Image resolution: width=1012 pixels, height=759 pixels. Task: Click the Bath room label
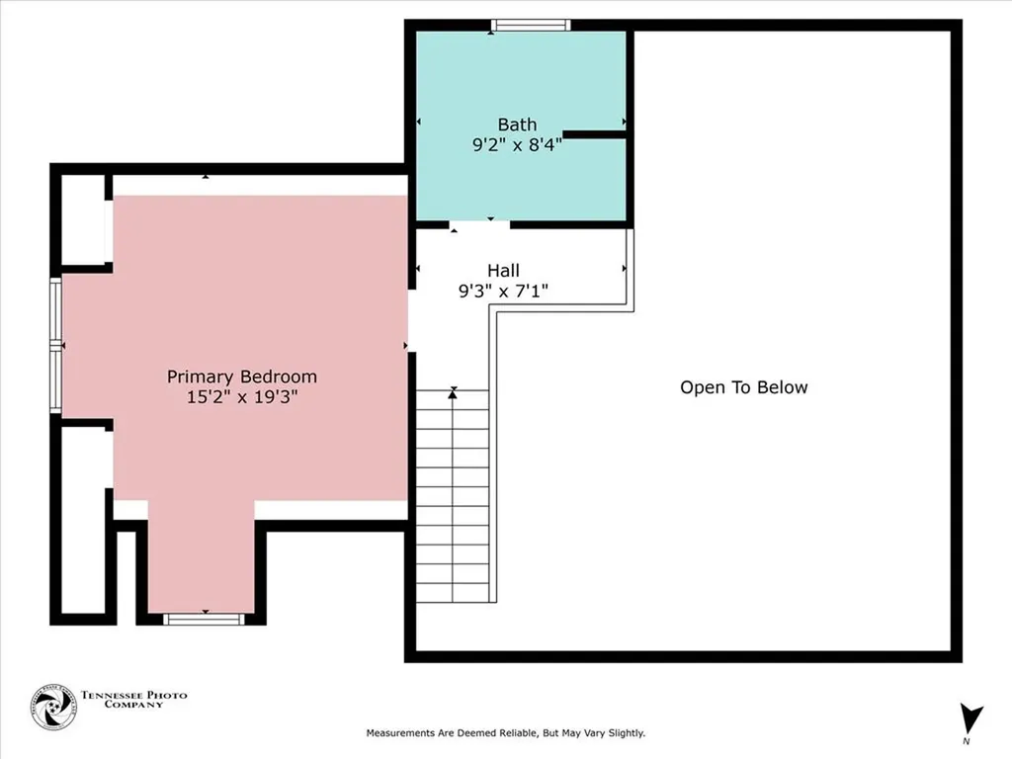point(517,125)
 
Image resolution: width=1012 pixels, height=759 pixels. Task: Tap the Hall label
point(503,270)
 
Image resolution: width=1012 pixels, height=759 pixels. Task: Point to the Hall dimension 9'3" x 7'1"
point(503,291)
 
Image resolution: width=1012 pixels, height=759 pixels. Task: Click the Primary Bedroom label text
point(242,377)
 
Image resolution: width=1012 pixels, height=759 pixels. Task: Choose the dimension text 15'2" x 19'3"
point(242,397)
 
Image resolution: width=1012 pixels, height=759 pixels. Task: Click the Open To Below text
point(743,387)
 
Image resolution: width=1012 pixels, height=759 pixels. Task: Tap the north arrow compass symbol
point(971,718)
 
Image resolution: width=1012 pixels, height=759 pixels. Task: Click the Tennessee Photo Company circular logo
point(51,708)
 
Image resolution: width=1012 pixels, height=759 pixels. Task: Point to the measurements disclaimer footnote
point(505,733)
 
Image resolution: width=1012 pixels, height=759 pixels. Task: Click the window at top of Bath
point(531,26)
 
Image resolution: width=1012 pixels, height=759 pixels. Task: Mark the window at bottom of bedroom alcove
point(203,619)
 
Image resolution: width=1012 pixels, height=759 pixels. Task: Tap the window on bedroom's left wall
point(56,345)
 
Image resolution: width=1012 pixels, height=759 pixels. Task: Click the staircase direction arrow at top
point(453,393)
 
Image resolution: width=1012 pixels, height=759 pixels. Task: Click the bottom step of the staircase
point(453,591)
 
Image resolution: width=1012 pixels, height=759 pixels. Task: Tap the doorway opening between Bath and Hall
point(479,224)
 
